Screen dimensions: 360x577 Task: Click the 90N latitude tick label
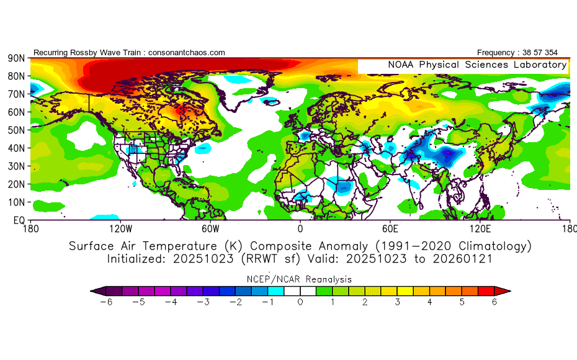click(x=16, y=58)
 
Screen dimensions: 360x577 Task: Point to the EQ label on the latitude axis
click(x=18, y=220)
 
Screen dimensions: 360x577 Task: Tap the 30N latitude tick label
click(x=16, y=166)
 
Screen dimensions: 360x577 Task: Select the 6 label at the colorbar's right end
click(x=494, y=302)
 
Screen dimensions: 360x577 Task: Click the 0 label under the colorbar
click(x=300, y=302)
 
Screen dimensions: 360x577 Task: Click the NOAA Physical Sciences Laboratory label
click(x=476, y=65)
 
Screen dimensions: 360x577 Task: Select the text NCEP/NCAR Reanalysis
click(x=300, y=279)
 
